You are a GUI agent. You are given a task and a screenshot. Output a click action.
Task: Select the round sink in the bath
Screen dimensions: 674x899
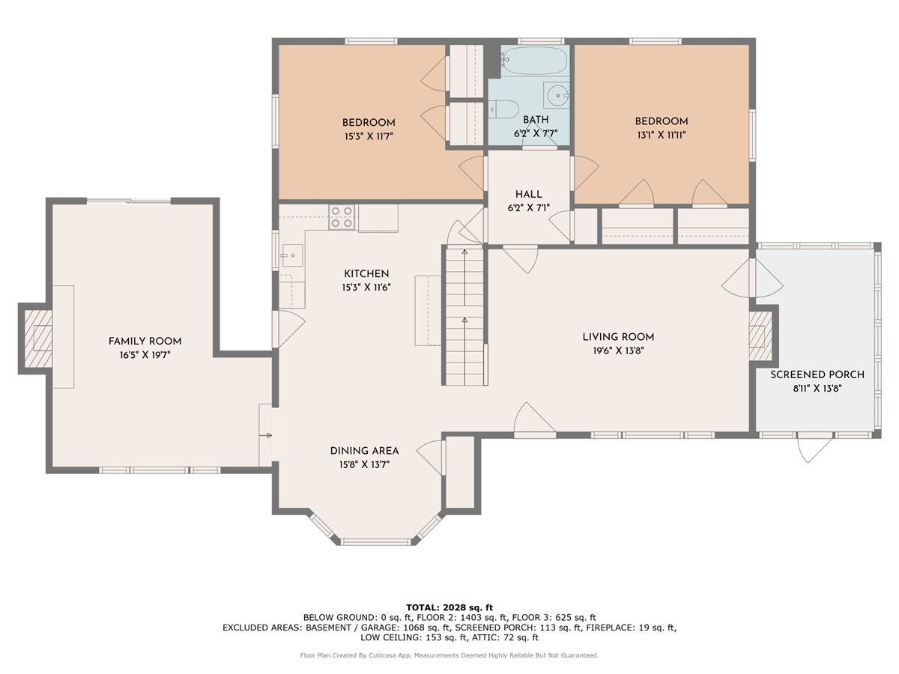click(557, 95)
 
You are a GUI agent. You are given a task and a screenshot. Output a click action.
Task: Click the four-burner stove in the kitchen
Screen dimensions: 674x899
click(342, 217)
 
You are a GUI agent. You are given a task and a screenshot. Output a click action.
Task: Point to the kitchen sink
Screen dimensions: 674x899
click(292, 256)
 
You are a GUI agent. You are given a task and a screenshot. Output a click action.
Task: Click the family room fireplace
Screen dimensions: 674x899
click(35, 338)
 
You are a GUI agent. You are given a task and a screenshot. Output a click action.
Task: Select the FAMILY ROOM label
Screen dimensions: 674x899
click(145, 341)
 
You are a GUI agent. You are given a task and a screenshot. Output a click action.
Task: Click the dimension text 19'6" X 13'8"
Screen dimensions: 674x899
click(619, 350)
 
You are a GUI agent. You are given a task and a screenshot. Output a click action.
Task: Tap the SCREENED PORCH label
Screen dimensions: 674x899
click(817, 374)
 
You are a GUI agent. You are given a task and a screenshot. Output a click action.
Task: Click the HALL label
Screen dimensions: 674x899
click(528, 195)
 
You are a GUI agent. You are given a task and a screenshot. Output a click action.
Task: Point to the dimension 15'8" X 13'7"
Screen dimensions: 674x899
click(364, 464)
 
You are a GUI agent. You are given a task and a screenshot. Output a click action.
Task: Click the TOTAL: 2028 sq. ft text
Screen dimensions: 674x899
click(449, 607)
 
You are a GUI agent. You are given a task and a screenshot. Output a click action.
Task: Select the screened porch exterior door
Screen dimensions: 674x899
click(815, 448)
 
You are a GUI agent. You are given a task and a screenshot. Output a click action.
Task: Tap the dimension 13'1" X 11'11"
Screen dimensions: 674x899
click(662, 135)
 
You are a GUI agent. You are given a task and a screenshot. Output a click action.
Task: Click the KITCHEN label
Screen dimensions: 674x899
click(366, 274)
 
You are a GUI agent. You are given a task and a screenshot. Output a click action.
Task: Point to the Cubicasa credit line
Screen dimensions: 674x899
click(449, 655)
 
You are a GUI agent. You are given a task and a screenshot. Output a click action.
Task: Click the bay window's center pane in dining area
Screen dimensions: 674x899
click(377, 541)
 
